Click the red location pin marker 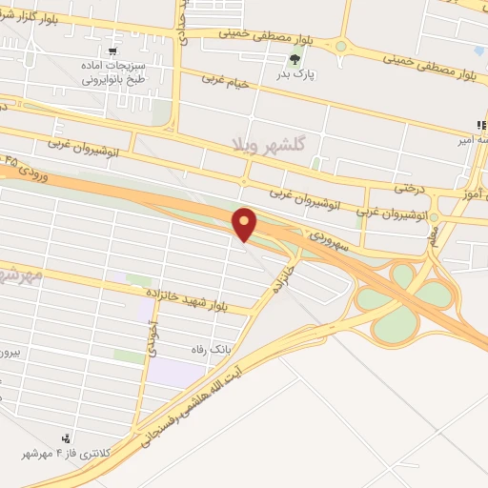[x=245, y=224]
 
